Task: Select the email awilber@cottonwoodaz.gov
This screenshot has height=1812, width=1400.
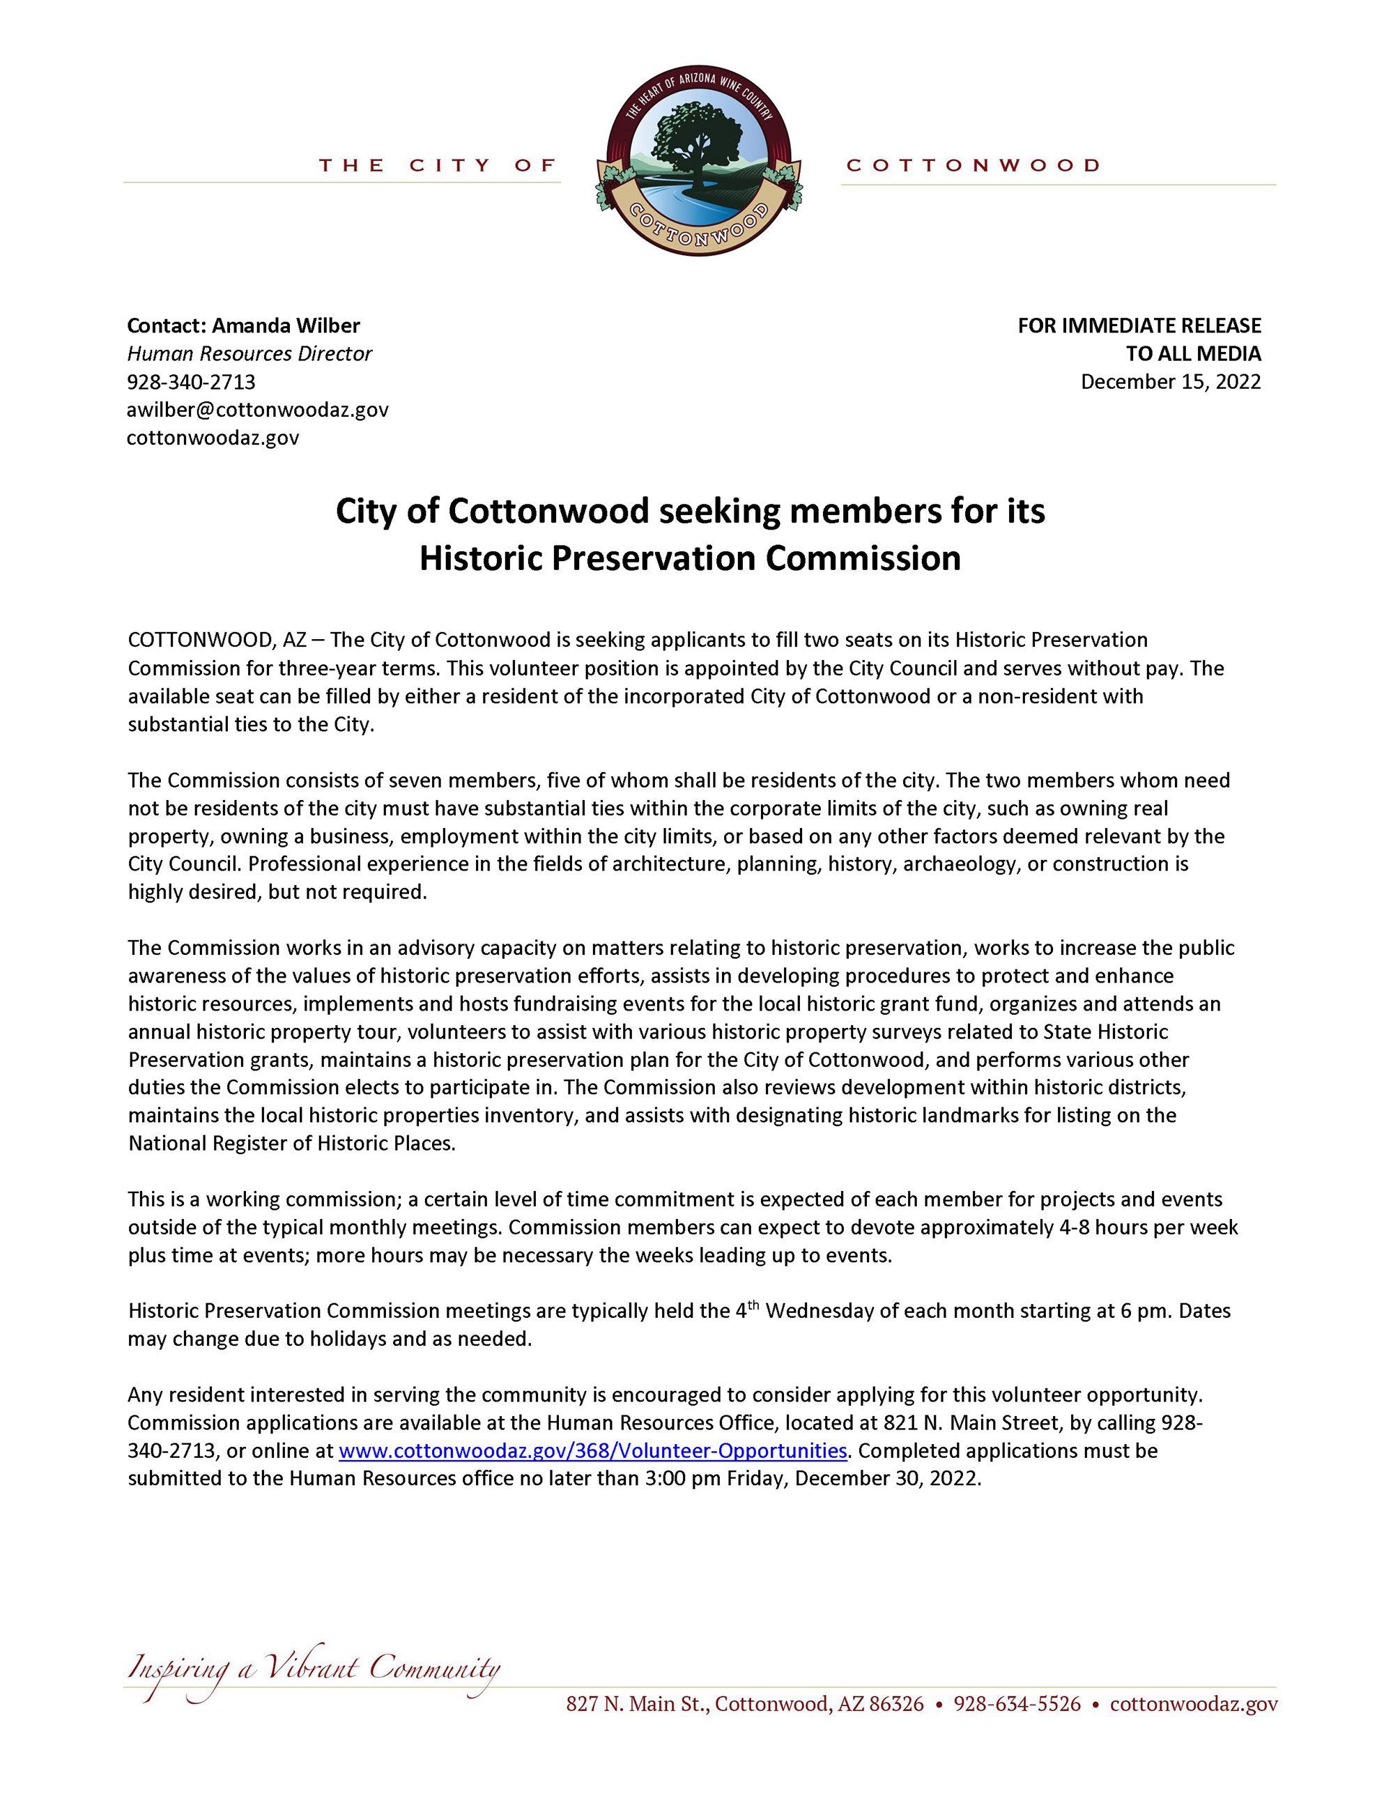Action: (257, 410)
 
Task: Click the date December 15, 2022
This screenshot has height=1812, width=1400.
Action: (1170, 382)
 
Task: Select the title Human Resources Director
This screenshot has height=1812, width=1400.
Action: (249, 354)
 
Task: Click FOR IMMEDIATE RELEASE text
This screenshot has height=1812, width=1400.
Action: (1139, 325)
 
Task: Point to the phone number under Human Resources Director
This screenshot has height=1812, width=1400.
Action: (191, 382)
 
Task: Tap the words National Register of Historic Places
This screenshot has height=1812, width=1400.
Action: (291, 1143)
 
